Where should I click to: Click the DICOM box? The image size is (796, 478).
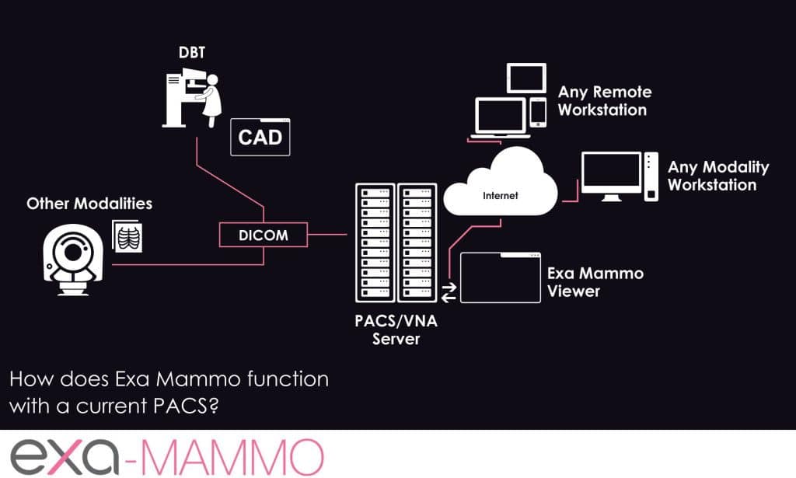pos(264,233)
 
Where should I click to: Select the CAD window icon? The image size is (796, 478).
pos(260,138)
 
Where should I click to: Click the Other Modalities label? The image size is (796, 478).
pos(89,204)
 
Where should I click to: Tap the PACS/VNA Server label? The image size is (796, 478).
pos(396,330)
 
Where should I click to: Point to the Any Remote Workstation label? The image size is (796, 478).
pos(605,101)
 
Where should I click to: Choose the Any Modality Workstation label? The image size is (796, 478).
pos(717,176)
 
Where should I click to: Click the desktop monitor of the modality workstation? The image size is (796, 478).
pos(611,174)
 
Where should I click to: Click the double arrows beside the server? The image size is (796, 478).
pos(449,292)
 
